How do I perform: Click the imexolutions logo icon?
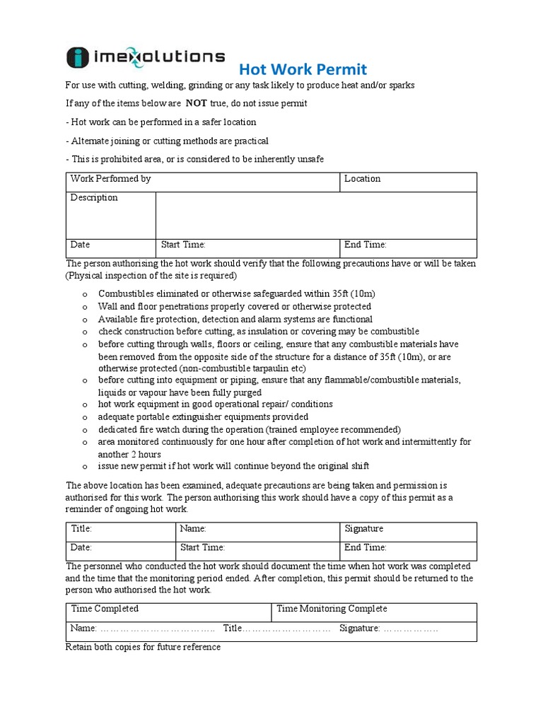pyautogui.click(x=77, y=58)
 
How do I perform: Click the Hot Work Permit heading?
pyautogui.click(x=303, y=69)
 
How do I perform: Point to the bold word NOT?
pyautogui.click(x=197, y=103)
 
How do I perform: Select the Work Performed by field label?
pyautogui.click(x=110, y=180)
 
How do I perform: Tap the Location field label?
pyautogui.click(x=362, y=180)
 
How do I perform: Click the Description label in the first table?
pyautogui.click(x=94, y=198)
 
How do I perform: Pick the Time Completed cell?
pyautogui.click(x=105, y=609)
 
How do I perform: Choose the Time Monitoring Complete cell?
pyautogui.click(x=332, y=609)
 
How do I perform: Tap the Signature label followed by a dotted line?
pyautogui.click(x=360, y=628)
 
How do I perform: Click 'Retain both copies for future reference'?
pyautogui.click(x=143, y=647)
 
